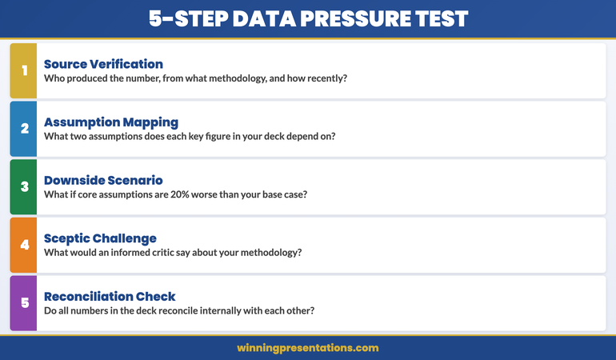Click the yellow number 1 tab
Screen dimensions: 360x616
pyautogui.click(x=24, y=70)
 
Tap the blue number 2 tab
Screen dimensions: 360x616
pyautogui.click(x=24, y=129)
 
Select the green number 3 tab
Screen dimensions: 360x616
pyautogui.click(x=24, y=186)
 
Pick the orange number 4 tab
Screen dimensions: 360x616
pyautogui.click(x=24, y=245)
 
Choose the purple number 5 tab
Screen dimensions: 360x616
pyautogui.click(x=24, y=302)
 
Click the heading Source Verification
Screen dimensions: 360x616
pyautogui.click(x=103, y=64)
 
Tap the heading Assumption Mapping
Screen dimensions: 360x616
pyautogui.click(x=111, y=122)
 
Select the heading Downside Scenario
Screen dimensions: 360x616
pyautogui.click(x=104, y=180)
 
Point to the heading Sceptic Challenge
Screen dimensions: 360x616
pyautogui.click(x=100, y=238)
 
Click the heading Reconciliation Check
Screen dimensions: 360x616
pyautogui.click(x=110, y=296)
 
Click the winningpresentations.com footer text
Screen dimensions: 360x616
pyautogui.click(x=308, y=348)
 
